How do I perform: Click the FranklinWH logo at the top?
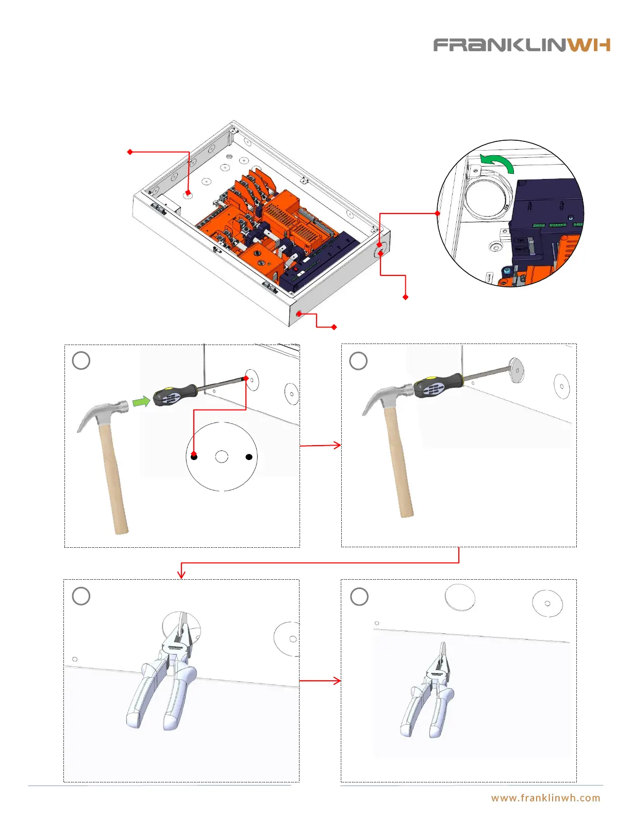click(521, 45)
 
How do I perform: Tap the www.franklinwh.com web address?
click(545, 798)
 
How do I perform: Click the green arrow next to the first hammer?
click(141, 400)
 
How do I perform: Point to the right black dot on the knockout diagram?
click(249, 457)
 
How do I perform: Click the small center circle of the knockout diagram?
click(222, 456)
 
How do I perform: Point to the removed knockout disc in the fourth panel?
click(460, 598)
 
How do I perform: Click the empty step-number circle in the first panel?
click(81, 361)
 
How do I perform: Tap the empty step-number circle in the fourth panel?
click(359, 597)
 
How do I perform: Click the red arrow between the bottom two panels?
click(320, 681)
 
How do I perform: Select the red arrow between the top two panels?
click(320, 445)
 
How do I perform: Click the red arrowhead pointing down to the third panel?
click(181, 574)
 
